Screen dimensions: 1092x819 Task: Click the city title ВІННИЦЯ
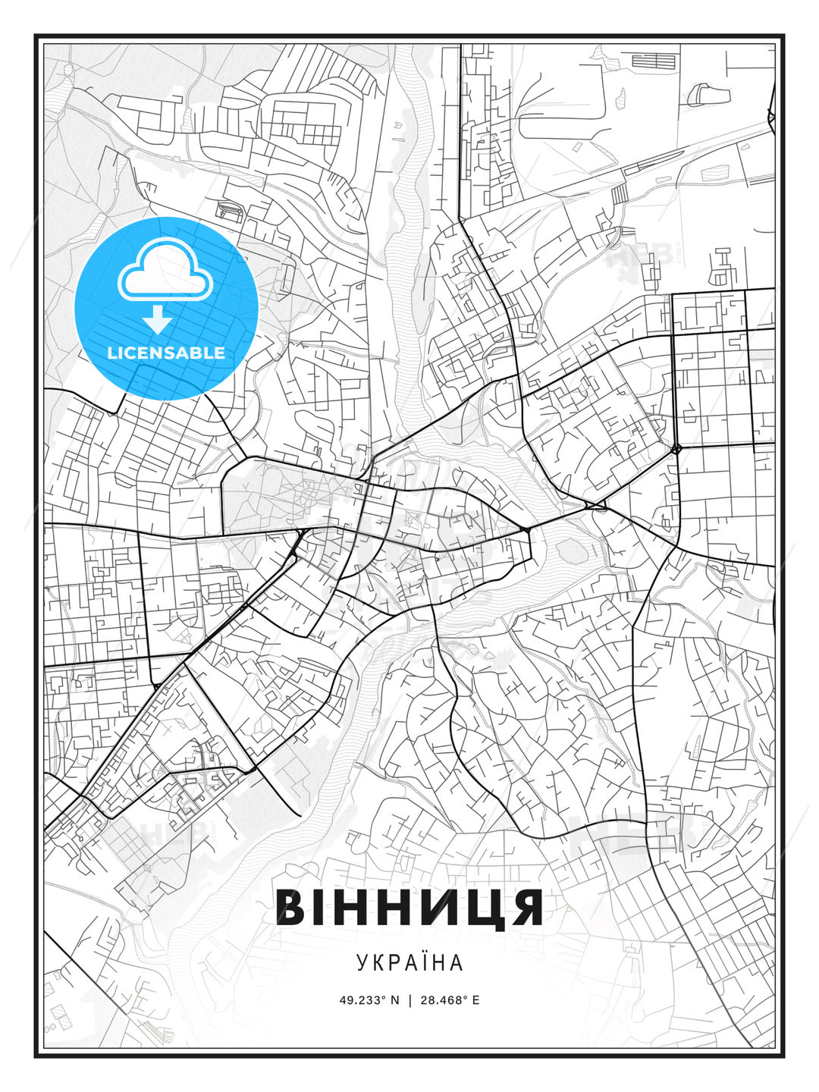pyautogui.click(x=409, y=907)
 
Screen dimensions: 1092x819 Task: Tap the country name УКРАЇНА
pyautogui.click(x=409, y=962)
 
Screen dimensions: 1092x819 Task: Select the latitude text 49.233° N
pyautogui.click(x=369, y=999)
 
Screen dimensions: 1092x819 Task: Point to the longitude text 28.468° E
pyautogui.click(x=449, y=999)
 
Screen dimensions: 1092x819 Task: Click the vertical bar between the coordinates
pyautogui.click(x=409, y=999)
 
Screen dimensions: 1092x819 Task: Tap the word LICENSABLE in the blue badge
pyautogui.click(x=166, y=353)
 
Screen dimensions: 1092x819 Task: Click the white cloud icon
pyautogui.click(x=166, y=270)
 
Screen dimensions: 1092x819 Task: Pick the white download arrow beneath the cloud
pyautogui.click(x=158, y=319)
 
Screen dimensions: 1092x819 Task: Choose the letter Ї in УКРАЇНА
pyautogui.click(x=420, y=962)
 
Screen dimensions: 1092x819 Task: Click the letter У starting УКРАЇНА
pyautogui.click(x=362, y=962)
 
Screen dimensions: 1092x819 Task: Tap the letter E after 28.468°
pyautogui.click(x=475, y=999)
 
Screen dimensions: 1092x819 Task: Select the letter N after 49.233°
pyautogui.click(x=394, y=999)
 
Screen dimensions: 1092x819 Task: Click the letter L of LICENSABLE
pyautogui.click(x=111, y=353)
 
